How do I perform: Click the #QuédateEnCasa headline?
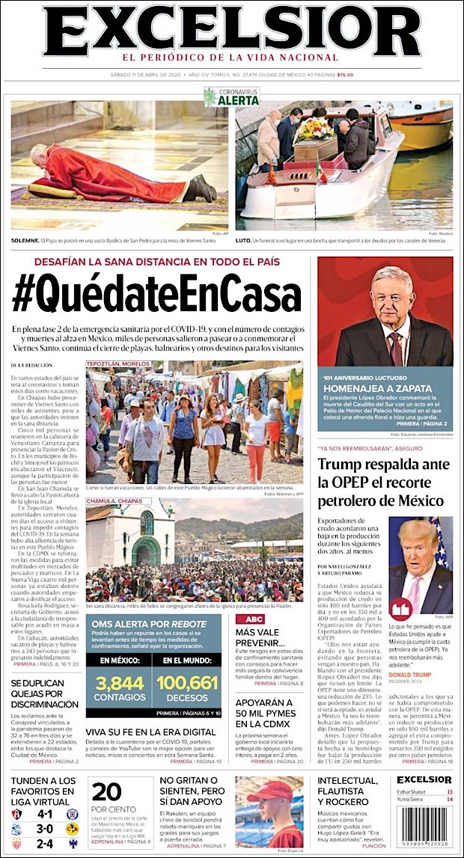coord(157,295)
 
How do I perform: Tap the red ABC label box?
coord(249,619)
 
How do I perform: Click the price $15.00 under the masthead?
coord(345,74)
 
